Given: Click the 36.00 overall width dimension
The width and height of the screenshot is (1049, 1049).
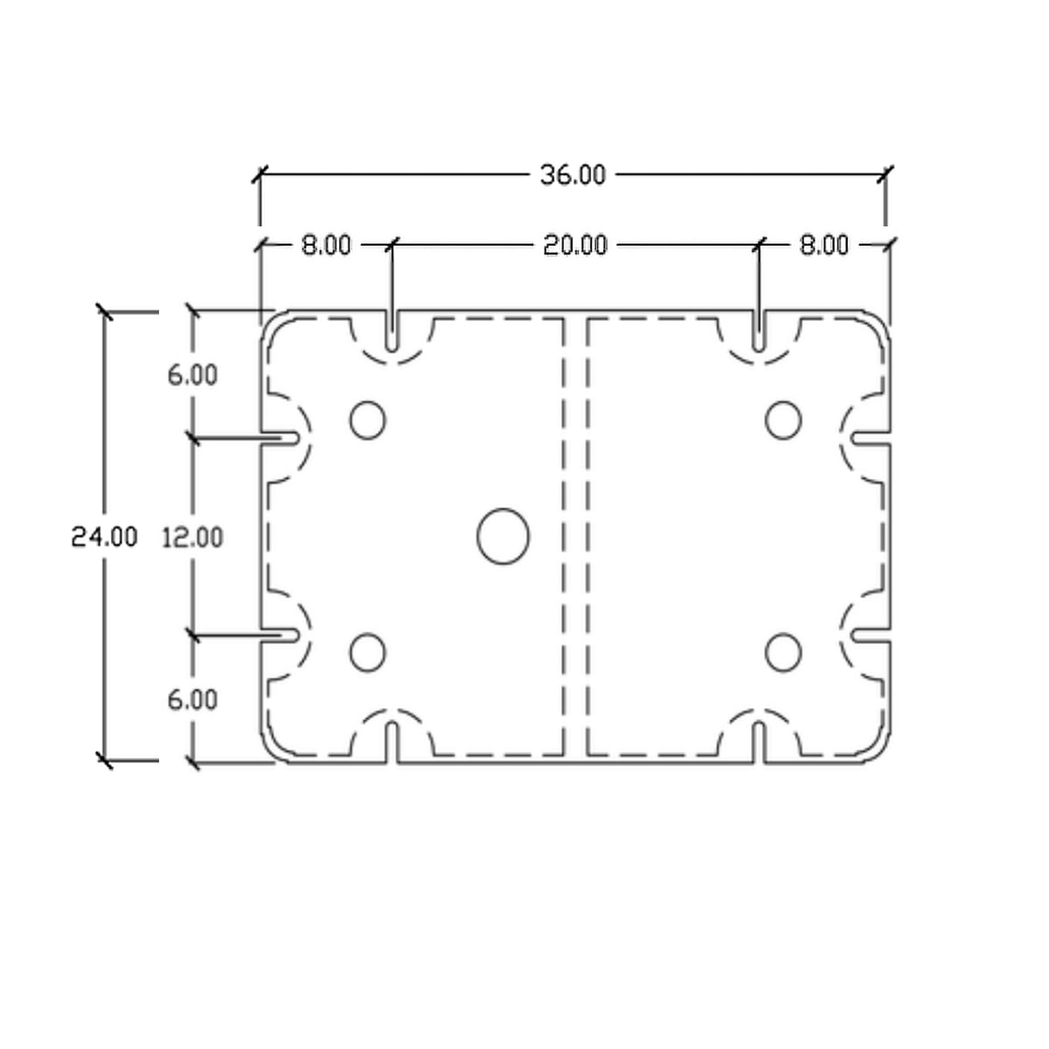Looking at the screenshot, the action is pyautogui.click(x=572, y=176).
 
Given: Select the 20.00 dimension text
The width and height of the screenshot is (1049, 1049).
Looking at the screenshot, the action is pyautogui.click(x=575, y=246).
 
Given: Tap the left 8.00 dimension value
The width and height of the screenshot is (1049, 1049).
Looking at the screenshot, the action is pyautogui.click(x=326, y=245).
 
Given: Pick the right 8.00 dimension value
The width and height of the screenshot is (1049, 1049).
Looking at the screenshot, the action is pyautogui.click(x=823, y=245).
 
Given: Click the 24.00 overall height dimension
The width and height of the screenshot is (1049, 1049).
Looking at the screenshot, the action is pyautogui.click(x=105, y=537).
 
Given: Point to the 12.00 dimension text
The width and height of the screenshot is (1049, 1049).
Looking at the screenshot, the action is pyautogui.click(x=192, y=538).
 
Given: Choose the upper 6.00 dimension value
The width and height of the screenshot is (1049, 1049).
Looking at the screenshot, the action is pyautogui.click(x=192, y=375).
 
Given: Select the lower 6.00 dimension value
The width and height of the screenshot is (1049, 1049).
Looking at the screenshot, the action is pyautogui.click(x=192, y=700).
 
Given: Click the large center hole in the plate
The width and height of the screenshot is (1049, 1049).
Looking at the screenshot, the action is pyautogui.click(x=503, y=536).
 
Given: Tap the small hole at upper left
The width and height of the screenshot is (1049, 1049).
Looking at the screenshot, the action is pyautogui.click(x=368, y=420).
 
